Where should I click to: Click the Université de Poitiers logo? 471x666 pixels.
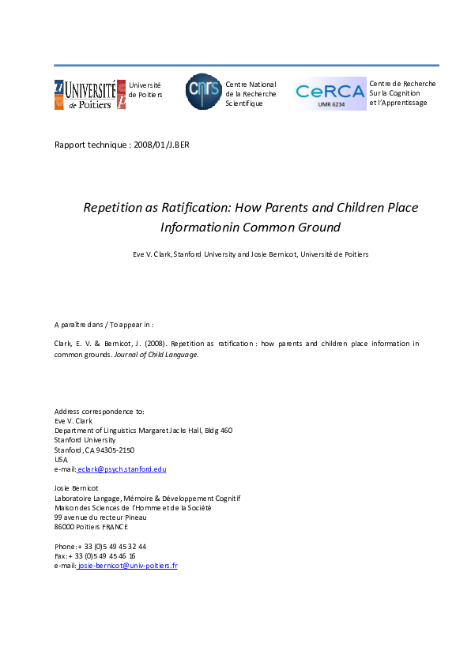89,95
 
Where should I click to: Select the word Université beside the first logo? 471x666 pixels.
145,85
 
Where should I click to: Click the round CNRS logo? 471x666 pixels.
204,91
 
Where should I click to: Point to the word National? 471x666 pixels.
262,85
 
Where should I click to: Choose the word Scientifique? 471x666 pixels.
243,103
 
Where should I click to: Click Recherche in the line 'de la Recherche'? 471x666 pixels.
260,94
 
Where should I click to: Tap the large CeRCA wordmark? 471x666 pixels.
330,91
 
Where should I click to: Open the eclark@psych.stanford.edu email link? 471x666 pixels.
122,468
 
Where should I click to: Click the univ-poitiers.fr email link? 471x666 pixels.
128,566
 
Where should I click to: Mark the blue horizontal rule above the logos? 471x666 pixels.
246,66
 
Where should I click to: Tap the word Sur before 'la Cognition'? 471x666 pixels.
375,93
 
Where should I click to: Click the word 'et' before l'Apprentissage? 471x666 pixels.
372,103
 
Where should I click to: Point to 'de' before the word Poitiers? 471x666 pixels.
132,95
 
